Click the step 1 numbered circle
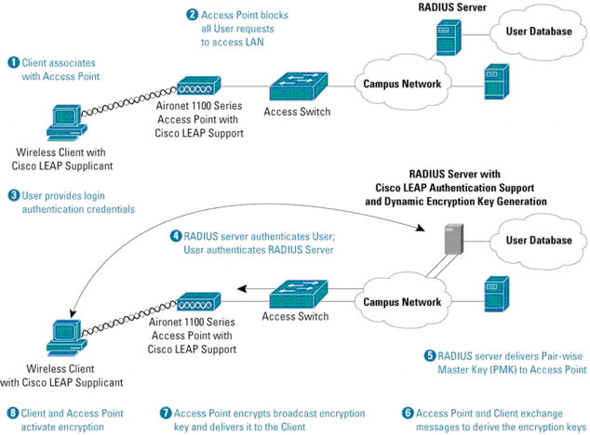point(14,61)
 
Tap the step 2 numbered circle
point(192,15)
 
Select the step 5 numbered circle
point(429,355)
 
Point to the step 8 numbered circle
point(13,413)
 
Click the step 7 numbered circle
point(166,413)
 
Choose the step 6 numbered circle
point(407,413)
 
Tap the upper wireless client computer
point(61,122)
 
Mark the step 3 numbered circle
point(14,196)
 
